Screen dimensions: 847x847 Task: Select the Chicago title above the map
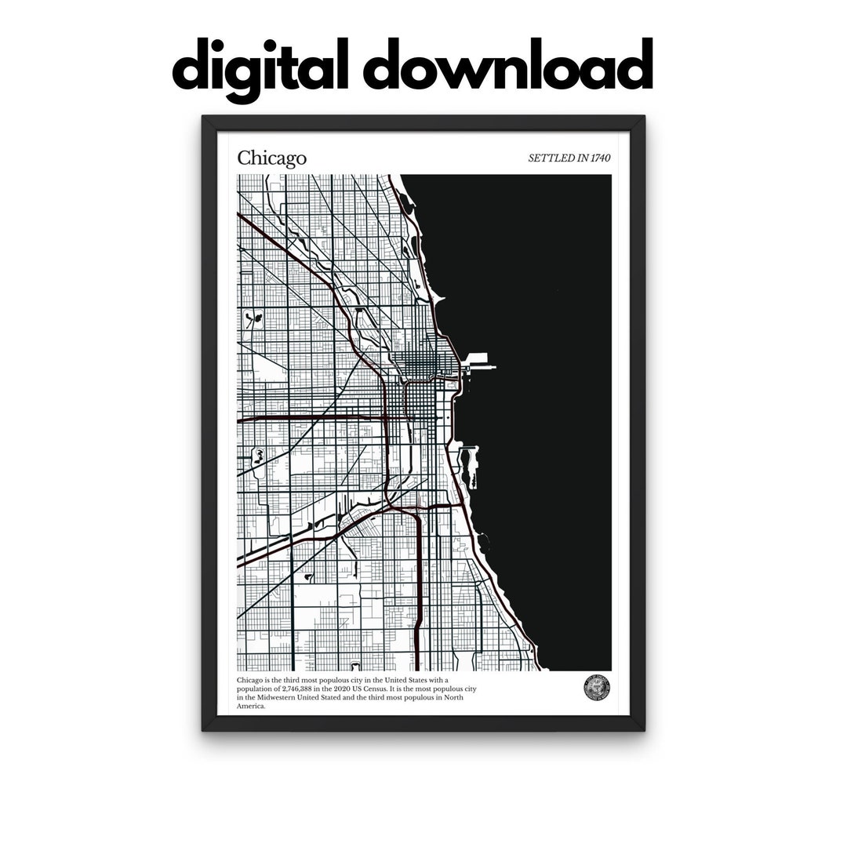271,158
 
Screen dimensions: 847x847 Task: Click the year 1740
598,158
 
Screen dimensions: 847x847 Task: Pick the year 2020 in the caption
349,688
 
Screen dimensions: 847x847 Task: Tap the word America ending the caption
251,707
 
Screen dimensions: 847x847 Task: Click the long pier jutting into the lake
480,365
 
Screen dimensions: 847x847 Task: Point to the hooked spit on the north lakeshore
438,299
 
